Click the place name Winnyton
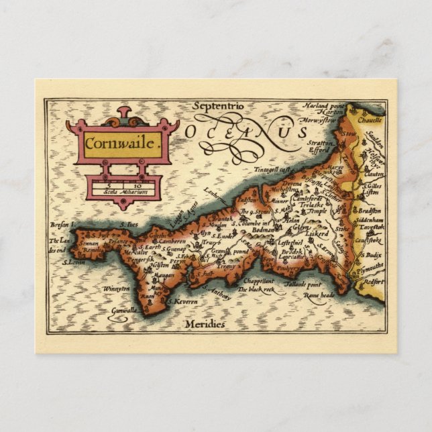pyautogui.click(x=115, y=289)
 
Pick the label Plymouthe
pyautogui.click(x=368, y=265)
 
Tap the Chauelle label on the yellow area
pyautogui.click(x=370, y=120)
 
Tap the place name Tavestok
pyautogui.click(x=371, y=227)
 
